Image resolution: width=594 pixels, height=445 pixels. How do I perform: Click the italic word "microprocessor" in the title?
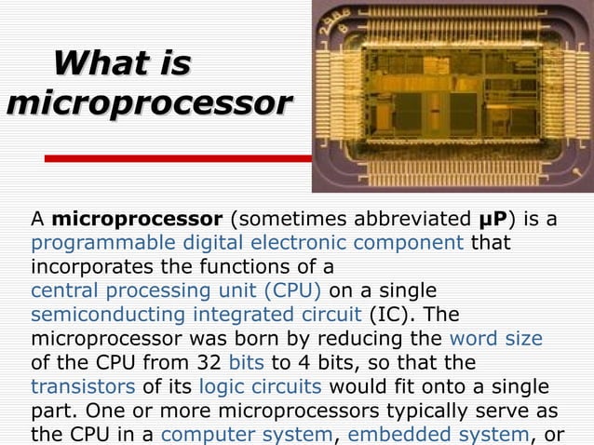pos(148,103)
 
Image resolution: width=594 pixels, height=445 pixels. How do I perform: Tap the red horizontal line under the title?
pos(177,158)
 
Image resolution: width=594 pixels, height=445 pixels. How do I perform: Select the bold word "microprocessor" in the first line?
pos(137,221)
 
